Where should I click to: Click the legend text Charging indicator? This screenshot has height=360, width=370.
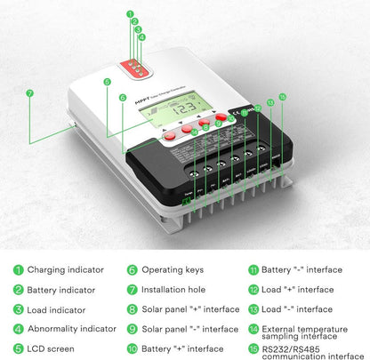tap(65, 269)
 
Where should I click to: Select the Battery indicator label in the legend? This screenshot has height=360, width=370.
tap(61, 289)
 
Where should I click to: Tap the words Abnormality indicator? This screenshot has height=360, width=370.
tap(71, 329)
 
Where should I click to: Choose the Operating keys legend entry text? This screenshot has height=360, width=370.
tap(173, 269)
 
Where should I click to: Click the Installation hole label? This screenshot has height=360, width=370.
tap(174, 289)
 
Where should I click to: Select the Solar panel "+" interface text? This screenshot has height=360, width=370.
tap(190, 309)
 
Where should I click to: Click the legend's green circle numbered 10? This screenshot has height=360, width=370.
tap(132, 349)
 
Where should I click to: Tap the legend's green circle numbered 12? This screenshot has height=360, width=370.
tap(254, 289)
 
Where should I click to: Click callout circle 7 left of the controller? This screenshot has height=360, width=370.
tap(29, 92)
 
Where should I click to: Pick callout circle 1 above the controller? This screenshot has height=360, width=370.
tap(131, 15)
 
